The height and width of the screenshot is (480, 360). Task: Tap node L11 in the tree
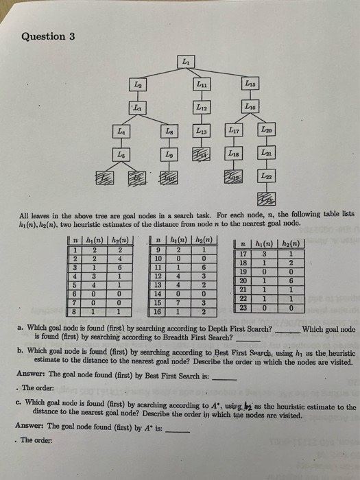point(202,85)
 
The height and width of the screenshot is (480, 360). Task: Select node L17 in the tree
point(233,130)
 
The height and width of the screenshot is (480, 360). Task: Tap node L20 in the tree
point(265,130)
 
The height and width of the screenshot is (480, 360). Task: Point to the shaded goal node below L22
point(265,200)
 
